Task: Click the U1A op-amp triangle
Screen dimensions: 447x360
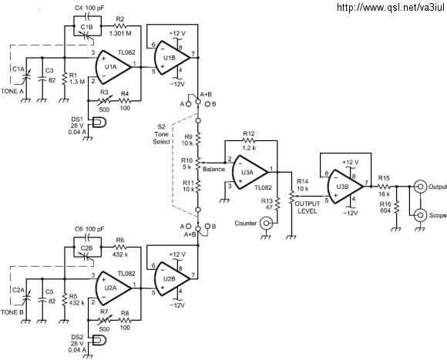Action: point(113,67)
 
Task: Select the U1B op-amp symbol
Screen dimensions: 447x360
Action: point(172,58)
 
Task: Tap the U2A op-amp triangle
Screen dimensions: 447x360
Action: point(113,288)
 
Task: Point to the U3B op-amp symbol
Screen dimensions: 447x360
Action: point(345,187)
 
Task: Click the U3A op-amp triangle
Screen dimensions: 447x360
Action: point(250,172)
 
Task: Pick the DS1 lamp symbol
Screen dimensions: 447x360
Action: point(99,123)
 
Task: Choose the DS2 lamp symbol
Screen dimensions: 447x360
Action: point(99,340)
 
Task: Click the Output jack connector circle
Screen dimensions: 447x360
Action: point(421,187)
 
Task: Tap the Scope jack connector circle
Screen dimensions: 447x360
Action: point(421,215)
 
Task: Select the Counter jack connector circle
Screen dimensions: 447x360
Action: point(266,224)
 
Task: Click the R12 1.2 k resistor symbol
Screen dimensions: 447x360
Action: point(249,140)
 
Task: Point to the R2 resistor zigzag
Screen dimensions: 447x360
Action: point(120,26)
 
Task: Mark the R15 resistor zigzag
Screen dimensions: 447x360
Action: point(384,187)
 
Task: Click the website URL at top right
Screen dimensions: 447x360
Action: point(390,7)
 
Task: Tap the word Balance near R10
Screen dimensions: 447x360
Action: point(213,170)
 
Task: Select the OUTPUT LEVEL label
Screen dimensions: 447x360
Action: point(308,207)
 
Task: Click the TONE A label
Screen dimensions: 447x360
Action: point(12,92)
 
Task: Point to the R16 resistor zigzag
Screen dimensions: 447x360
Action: point(397,208)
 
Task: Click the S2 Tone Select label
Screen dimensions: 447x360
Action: point(161,134)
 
